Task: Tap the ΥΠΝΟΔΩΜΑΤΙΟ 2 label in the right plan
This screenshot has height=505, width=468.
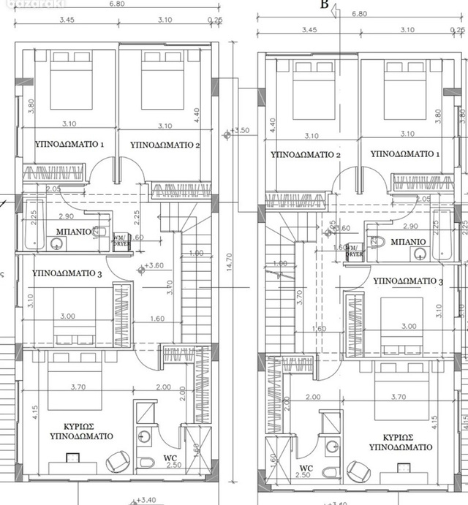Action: (x=306, y=155)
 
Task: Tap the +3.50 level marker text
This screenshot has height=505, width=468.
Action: (x=240, y=132)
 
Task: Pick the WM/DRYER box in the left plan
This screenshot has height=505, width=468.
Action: (x=119, y=241)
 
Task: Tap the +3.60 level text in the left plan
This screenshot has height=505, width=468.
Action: (x=154, y=266)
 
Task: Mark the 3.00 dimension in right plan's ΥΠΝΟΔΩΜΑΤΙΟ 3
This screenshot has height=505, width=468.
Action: (x=409, y=327)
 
